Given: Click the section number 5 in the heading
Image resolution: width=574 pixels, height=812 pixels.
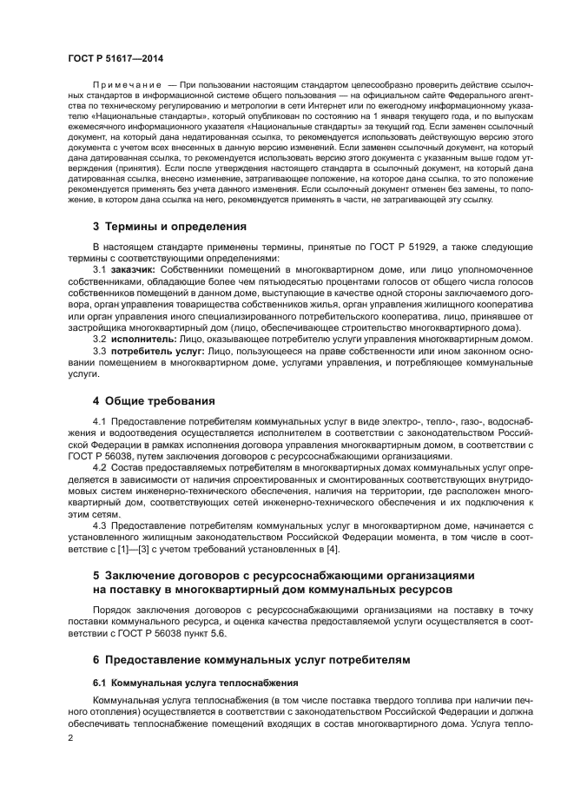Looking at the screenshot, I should click(96, 576).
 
